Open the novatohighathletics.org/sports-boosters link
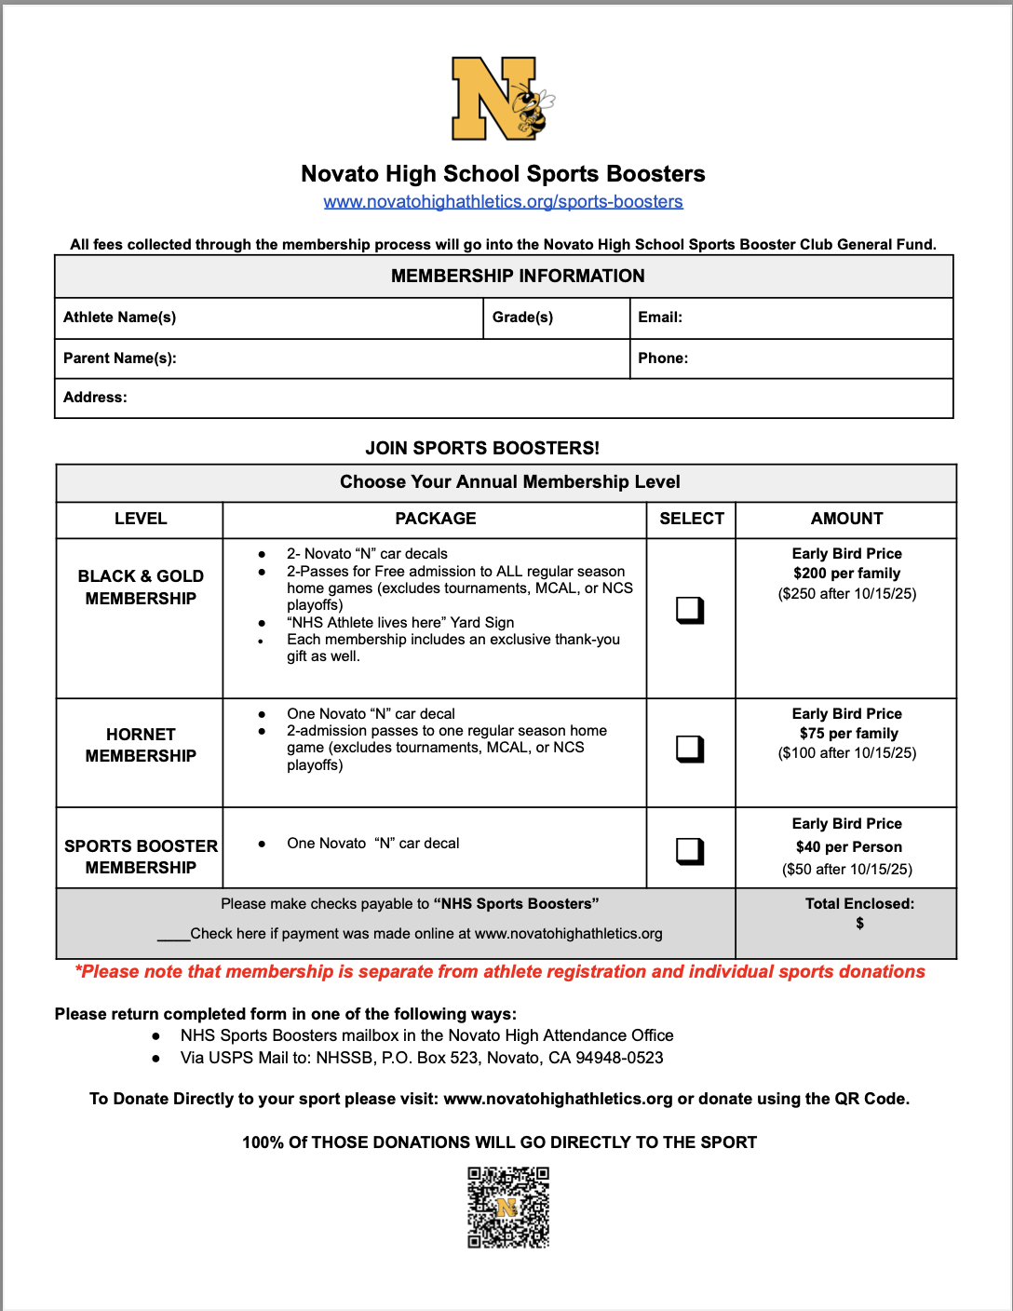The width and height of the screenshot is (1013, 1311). click(503, 202)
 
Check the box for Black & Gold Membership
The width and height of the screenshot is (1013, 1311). click(690, 610)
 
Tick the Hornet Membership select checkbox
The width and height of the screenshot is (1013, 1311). click(690, 749)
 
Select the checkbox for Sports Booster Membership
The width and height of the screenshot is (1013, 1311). click(690, 851)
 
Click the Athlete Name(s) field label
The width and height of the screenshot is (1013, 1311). click(119, 318)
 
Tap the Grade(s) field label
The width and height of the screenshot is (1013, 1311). click(522, 318)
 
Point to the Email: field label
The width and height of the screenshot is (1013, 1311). click(660, 318)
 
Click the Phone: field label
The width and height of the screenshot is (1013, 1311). click(663, 358)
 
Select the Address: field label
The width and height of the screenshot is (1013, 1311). click(95, 398)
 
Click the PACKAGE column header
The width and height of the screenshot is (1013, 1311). click(435, 519)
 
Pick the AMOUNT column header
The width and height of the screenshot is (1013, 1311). click(846, 519)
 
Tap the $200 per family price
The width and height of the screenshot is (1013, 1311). click(846, 574)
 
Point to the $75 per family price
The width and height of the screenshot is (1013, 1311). click(848, 734)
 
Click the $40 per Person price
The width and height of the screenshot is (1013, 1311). click(848, 847)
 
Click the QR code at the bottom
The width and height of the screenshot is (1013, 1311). click(508, 1207)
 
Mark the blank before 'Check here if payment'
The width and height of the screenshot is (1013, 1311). click(173, 935)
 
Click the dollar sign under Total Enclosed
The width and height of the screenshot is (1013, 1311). click(859, 924)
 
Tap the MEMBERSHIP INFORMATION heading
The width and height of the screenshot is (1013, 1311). click(518, 277)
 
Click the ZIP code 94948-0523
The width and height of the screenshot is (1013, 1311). click(620, 1058)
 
